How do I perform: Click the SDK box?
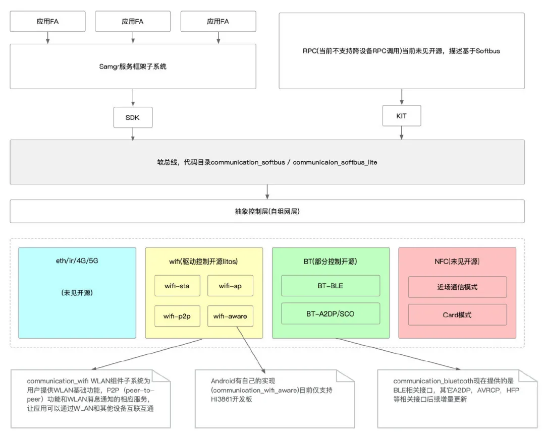[133, 117]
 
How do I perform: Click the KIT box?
[402, 116]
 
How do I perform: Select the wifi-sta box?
[178, 286]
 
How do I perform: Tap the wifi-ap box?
[230, 286]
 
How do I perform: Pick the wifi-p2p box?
[178, 316]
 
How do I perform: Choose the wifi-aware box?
[230, 316]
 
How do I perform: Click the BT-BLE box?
[331, 286]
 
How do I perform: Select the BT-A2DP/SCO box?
[331, 313]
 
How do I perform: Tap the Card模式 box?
[457, 314]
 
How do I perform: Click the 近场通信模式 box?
[457, 287]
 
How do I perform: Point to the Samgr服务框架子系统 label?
[133, 66]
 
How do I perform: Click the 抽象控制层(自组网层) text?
[267, 211]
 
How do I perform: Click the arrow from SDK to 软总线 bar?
[133, 134]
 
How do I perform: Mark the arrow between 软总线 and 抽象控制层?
[267, 192]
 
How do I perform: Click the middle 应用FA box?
[133, 22]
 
